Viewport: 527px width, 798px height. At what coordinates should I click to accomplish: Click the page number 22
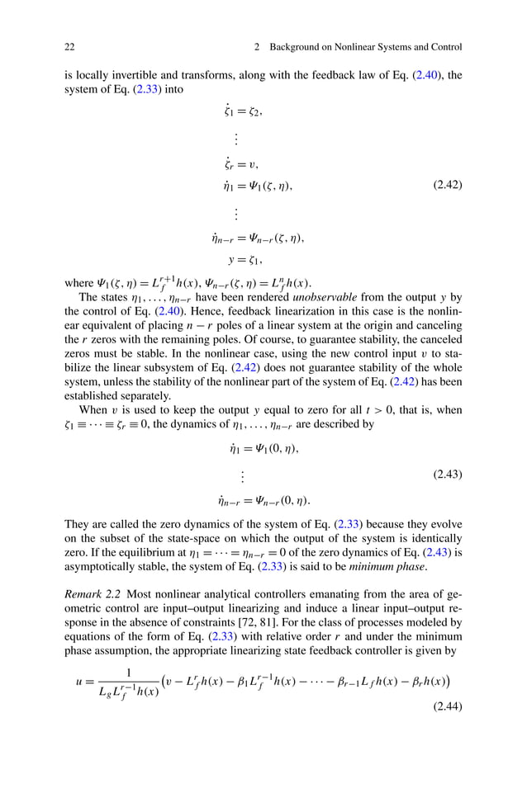tap(69, 47)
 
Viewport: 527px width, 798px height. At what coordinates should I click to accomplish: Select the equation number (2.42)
tap(447, 186)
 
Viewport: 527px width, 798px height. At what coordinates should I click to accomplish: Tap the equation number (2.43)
tap(447, 475)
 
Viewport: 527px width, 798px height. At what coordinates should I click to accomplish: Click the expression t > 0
tap(389, 410)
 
